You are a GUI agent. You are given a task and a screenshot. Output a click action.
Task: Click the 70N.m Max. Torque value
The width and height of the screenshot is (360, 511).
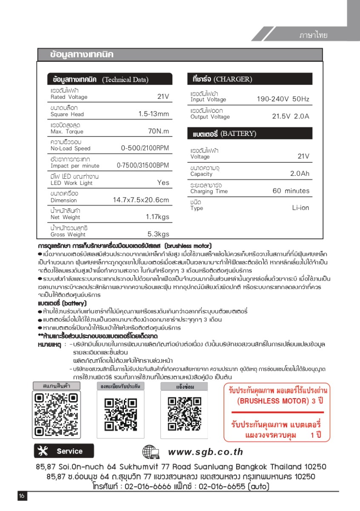pyautogui.click(x=158, y=132)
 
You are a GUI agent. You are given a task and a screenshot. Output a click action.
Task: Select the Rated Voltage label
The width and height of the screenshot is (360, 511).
pyautogui.click(x=69, y=97)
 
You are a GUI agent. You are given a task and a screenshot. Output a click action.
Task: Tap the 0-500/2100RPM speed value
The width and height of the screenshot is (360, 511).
pyautogui.click(x=145, y=149)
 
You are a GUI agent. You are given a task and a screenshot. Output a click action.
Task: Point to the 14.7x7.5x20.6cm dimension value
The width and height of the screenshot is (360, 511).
pyautogui.click(x=141, y=200)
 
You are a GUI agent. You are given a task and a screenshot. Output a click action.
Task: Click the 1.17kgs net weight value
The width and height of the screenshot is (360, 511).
pyautogui.click(x=157, y=217)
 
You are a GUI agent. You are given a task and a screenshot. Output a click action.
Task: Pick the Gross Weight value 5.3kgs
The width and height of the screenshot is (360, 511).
pyautogui.click(x=158, y=234)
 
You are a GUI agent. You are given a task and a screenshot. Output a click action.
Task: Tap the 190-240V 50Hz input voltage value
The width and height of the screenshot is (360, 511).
pyautogui.click(x=283, y=99)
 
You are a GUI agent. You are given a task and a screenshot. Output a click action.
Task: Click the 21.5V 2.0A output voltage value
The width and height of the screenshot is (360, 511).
pyautogui.click(x=291, y=117)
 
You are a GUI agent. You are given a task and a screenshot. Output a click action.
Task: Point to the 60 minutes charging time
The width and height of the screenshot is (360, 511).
pyautogui.click(x=291, y=191)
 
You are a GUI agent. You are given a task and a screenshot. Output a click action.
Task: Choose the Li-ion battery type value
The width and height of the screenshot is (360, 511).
pyautogui.click(x=300, y=208)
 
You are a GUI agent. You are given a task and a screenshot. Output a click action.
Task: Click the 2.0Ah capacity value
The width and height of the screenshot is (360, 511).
pyautogui.click(x=300, y=174)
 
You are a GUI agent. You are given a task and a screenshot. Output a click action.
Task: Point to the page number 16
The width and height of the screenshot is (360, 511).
pyautogui.click(x=22, y=496)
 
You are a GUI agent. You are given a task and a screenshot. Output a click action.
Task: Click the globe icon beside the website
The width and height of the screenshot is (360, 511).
pyautogui.click(x=151, y=452)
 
